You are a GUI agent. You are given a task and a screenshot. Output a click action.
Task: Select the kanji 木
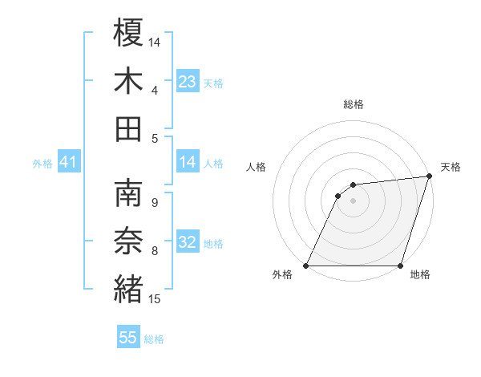(x=129, y=80)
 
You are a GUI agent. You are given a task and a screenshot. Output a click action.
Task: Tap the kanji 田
(x=129, y=128)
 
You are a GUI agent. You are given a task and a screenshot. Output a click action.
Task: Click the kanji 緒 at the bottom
(x=129, y=289)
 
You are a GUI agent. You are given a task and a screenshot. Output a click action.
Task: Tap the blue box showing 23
(x=188, y=81)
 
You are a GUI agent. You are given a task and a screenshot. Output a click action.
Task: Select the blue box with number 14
(x=188, y=163)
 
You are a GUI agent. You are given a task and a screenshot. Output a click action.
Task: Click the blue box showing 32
(x=188, y=242)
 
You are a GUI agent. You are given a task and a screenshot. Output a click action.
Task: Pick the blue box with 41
(x=68, y=163)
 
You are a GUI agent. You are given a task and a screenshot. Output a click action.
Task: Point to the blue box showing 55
(x=128, y=338)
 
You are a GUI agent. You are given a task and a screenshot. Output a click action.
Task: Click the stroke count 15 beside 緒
(x=155, y=300)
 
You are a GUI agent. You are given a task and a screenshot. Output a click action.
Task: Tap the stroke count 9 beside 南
(x=154, y=202)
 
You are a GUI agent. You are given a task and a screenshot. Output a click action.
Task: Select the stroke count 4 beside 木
(x=154, y=90)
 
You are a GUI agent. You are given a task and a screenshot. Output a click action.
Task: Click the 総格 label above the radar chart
(x=354, y=104)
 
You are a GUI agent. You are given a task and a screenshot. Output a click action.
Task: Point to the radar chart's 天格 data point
(x=430, y=176)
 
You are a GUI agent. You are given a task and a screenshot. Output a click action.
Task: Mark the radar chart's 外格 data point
(x=305, y=266)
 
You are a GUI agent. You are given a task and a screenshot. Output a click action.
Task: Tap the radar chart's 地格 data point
(x=401, y=266)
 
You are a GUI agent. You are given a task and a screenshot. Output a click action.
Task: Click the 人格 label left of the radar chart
(x=257, y=167)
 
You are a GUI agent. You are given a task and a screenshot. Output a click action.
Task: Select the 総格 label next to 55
(x=154, y=339)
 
